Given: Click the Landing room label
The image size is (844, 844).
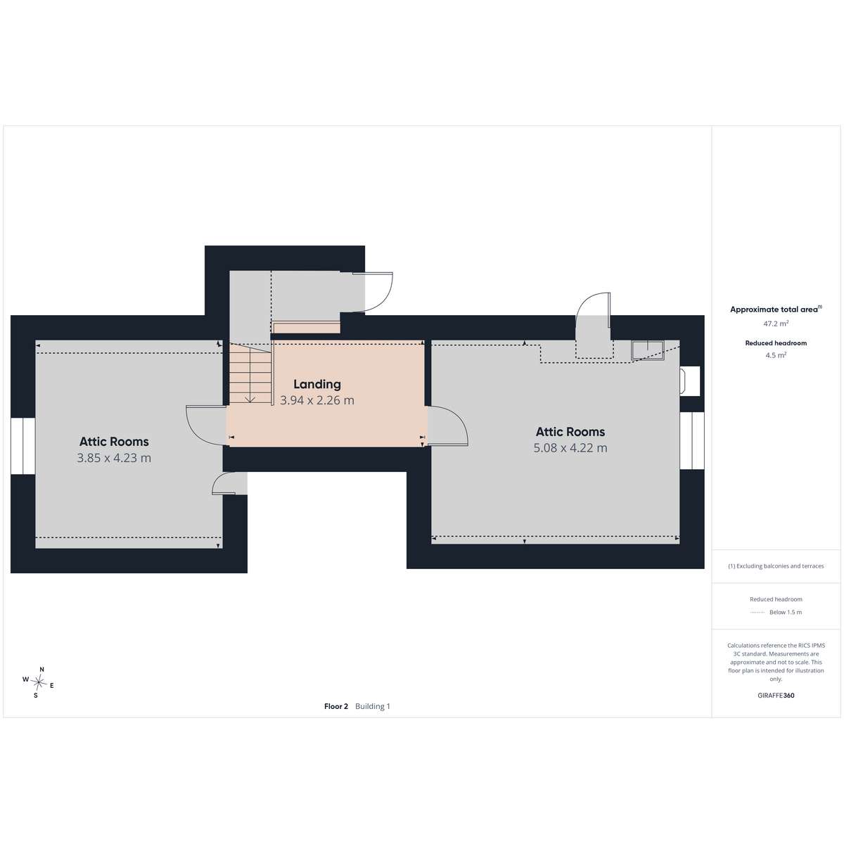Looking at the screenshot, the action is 316,384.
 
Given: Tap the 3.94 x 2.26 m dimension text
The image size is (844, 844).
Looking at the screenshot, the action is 316,400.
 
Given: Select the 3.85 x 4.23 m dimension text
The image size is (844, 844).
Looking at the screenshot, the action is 114,458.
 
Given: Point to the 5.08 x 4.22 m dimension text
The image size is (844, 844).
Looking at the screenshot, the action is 570,448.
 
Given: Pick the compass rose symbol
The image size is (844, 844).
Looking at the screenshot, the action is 39,682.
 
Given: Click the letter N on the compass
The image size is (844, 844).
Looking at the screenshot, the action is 42,670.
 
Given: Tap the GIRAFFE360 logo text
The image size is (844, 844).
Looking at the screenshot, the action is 776,695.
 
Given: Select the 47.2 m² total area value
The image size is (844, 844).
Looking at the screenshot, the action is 776,324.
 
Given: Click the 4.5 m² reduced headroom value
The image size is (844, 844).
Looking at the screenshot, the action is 776,355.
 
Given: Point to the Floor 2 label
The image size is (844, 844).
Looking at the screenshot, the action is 336,706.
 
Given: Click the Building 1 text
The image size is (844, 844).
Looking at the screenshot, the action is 372,706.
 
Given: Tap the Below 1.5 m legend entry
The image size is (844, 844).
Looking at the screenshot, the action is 786,613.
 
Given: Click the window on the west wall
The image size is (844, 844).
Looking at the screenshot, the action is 23,446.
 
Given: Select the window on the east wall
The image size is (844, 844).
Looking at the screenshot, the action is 692,440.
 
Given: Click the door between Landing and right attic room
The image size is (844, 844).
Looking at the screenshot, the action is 447,426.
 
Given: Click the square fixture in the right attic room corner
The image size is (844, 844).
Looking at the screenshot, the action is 647,350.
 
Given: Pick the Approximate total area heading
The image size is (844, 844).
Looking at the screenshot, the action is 776,309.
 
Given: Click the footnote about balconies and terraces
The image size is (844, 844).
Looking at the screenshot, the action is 776,566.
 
